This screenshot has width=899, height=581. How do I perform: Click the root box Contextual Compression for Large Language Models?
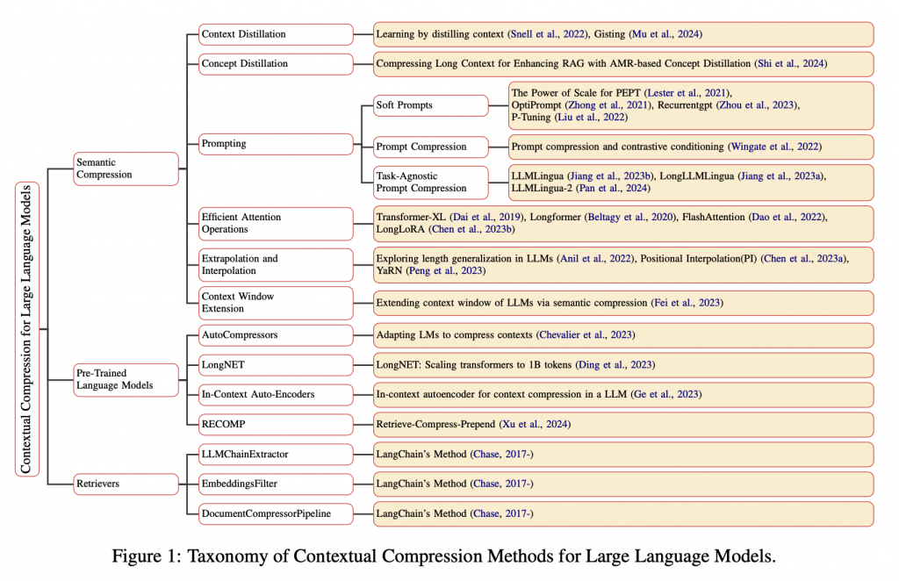[26, 328]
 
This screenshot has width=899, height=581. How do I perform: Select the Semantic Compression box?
[126, 169]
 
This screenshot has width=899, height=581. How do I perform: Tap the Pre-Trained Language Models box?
[126, 379]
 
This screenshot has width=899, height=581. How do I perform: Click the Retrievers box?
[126, 484]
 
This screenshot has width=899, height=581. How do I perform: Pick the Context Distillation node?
[276, 34]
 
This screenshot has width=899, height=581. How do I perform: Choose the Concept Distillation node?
[276, 64]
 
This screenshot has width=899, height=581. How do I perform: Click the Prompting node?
[276, 144]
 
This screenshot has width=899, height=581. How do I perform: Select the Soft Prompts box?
[430, 105]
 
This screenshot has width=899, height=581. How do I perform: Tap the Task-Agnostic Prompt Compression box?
[430, 182]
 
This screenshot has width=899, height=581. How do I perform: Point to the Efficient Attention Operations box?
[276, 223]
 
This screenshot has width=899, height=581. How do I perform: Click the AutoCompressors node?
[276, 335]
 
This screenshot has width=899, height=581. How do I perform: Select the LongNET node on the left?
[276, 364]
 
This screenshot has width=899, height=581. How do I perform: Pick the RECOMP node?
[276, 425]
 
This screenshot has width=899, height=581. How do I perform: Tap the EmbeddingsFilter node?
[276, 484]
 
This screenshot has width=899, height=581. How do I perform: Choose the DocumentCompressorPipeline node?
[276, 513]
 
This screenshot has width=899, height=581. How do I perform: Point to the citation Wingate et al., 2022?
[774, 146]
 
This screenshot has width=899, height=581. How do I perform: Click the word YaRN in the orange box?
[391, 271]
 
